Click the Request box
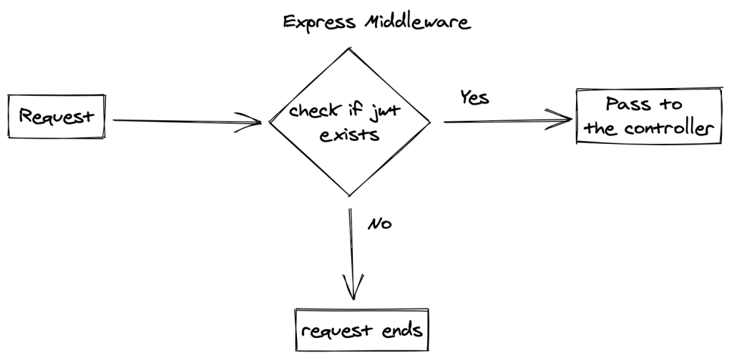[x=56, y=116]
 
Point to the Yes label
[x=474, y=98]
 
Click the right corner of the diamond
[x=429, y=122]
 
